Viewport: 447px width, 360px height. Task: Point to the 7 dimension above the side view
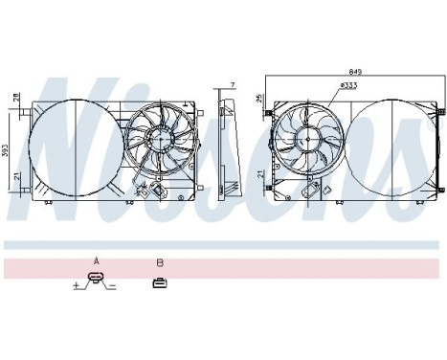pos(234,86)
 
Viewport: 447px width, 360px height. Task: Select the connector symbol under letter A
pos(96,281)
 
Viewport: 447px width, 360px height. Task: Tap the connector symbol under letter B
pos(159,281)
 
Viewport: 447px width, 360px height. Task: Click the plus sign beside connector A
pos(77,284)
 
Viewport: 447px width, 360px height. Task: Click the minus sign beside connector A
pos(113,284)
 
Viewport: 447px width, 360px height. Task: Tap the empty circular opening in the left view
pos(72,144)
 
